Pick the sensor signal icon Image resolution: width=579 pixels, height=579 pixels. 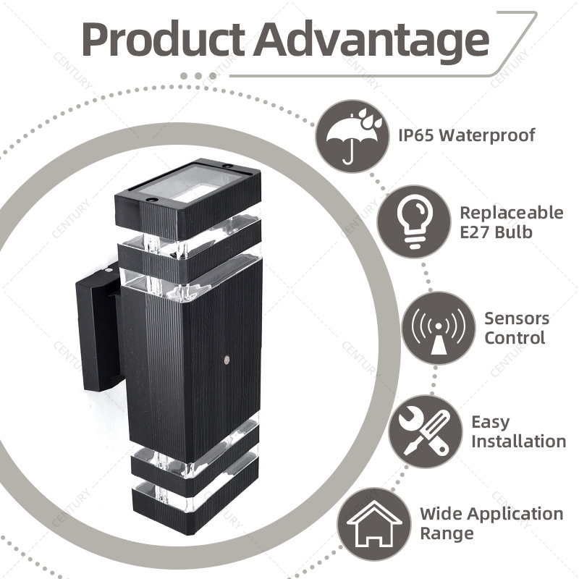437,327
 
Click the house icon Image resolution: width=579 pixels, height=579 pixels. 374,523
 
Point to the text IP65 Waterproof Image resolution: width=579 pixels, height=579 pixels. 466,135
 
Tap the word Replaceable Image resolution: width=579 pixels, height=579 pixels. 511,213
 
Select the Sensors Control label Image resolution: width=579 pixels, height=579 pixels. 517,328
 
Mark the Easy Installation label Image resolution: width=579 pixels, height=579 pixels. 518,431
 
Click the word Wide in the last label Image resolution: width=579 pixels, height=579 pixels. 440,514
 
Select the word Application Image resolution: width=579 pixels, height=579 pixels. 514,514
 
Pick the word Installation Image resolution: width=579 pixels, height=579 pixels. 518,441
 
